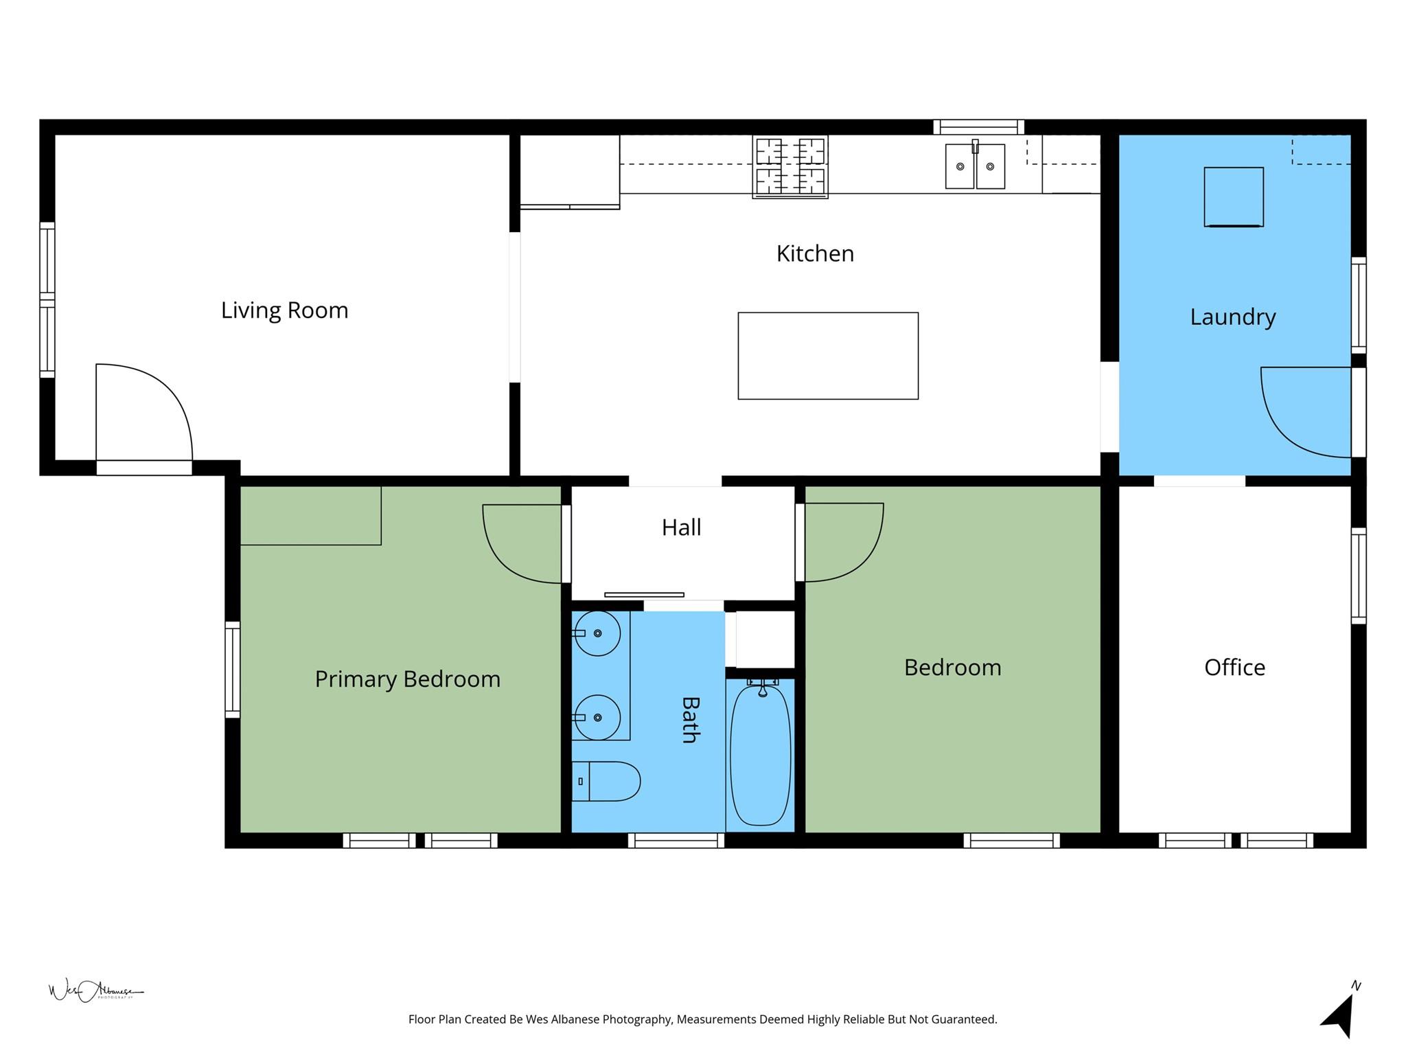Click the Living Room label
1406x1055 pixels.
point(284,310)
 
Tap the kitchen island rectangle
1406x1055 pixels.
point(828,356)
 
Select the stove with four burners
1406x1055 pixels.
point(790,167)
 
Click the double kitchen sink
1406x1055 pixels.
point(975,166)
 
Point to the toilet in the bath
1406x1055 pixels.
point(606,781)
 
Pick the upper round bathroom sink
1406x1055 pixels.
point(597,633)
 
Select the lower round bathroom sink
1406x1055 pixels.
point(597,717)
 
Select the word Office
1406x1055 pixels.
point(1234,668)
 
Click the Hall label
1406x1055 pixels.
point(681,527)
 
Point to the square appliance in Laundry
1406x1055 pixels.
point(1233,196)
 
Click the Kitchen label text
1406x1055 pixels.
point(815,254)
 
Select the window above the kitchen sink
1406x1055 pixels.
point(978,127)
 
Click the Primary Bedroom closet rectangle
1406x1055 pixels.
point(310,515)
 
